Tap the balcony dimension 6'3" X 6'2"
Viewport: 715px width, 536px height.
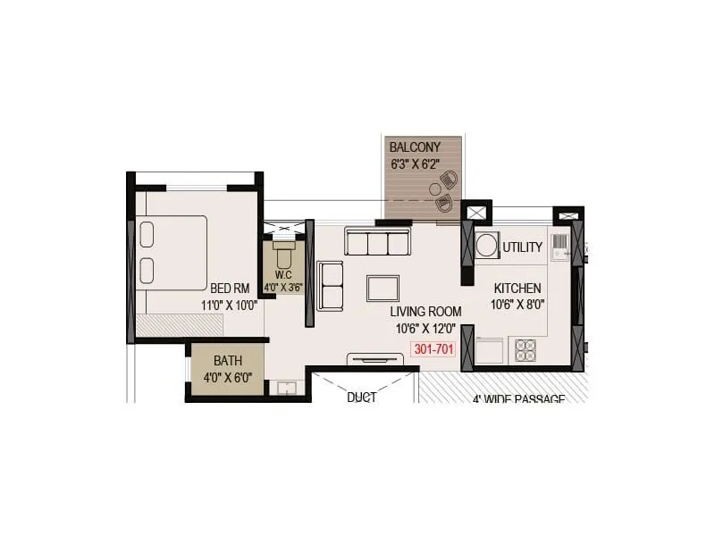(x=416, y=163)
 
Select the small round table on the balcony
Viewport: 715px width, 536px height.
(x=435, y=189)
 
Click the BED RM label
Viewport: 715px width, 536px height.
(x=230, y=289)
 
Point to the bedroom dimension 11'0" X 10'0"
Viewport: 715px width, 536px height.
(x=230, y=305)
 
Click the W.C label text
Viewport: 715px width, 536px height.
(x=284, y=276)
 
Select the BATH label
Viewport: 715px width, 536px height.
(x=228, y=361)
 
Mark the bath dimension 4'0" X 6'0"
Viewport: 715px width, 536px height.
(x=229, y=377)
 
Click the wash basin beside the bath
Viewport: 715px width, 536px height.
(x=286, y=388)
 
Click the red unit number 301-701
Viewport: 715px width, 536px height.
(x=433, y=350)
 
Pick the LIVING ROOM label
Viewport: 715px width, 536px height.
(x=425, y=312)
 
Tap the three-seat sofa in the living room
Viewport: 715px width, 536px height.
(x=377, y=242)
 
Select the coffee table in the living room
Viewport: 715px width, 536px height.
(x=383, y=289)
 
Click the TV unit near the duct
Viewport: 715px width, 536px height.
(x=375, y=360)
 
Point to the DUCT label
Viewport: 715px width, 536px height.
(x=362, y=397)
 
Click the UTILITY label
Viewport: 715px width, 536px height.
(x=521, y=247)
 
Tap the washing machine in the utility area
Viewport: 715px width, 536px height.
(x=487, y=245)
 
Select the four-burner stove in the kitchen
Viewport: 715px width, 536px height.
(x=525, y=350)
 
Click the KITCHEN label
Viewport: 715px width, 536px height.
(x=517, y=289)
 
